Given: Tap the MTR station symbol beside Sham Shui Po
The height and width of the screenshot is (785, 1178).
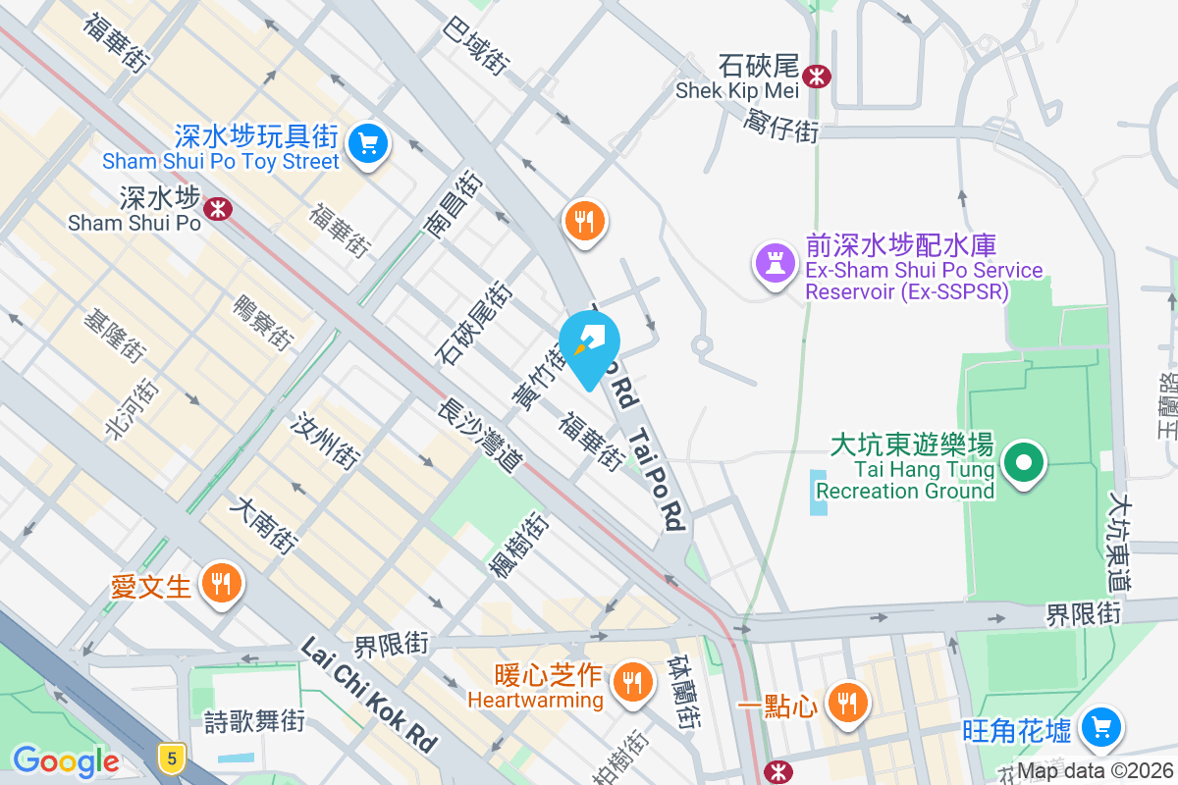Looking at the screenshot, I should tap(218, 207).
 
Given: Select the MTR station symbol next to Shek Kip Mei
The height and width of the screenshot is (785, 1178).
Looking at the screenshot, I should tap(815, 75).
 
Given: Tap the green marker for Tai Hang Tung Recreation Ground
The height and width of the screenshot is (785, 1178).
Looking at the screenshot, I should tap(1025, 461).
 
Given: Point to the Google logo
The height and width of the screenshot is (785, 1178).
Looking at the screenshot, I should tap(65, 760).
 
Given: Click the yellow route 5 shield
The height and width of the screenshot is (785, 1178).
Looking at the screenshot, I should tap(172, 758).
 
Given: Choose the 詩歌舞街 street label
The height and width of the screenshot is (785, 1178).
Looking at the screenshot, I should tap(254, 723).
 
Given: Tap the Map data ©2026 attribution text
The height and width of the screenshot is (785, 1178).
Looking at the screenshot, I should tap(1095, 771).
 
